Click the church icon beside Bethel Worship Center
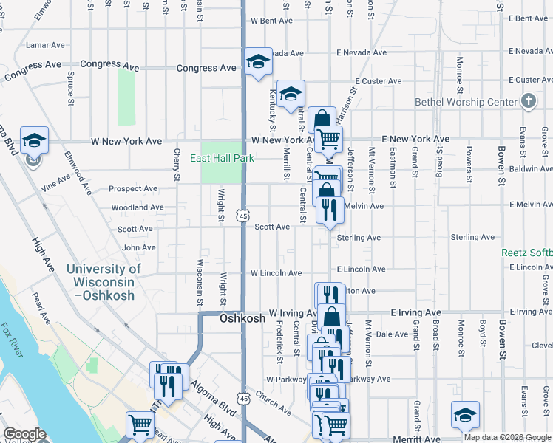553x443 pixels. [x=528, y=100]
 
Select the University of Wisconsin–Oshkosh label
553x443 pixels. [x=104, y=282]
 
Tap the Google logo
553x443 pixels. [x=24, y=434]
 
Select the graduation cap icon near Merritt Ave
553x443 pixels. [x=465, y=415]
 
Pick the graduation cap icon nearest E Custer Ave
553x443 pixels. [x=291, y=93]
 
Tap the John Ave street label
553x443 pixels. [x=138, y=248]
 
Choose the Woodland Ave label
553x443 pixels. [x=137, y=208]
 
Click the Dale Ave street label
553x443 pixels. [x=393, y=334]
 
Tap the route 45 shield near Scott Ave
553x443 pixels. [x=242, y=216]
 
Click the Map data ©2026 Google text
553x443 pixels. [x=507, y=437]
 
